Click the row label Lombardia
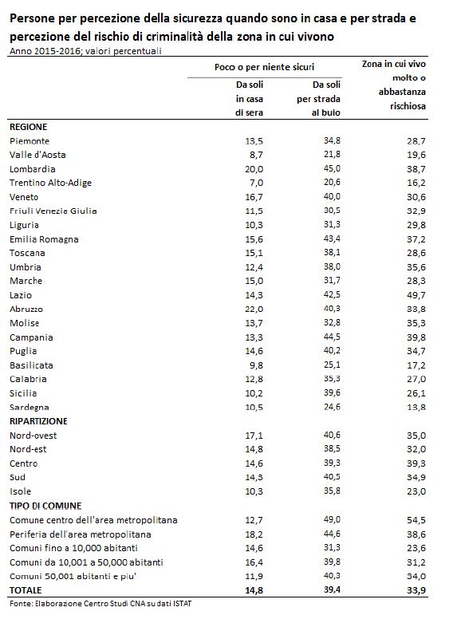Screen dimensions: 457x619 [33, 169]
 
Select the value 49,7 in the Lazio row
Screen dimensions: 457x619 [416, 295]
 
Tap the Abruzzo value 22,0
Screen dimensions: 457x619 [254, 309]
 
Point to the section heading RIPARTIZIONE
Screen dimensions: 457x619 [38, 421]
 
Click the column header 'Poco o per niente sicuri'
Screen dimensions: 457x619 [265, 67]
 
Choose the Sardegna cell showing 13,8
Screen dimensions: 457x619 [416, 407]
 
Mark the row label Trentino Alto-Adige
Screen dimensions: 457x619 [50, 183]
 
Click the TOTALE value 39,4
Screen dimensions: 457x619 [332, 589]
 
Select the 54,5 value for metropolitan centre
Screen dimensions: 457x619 [416, 520]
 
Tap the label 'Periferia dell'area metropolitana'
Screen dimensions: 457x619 [81, 534]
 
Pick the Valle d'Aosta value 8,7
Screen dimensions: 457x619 [256, 155]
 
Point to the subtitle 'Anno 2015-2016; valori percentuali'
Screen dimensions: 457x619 [85, 51]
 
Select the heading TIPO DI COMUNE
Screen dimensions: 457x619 [45, 506]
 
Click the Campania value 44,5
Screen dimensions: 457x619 [332, 337]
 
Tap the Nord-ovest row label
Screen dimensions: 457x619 [33, 436]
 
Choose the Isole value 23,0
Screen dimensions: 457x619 [416, 491]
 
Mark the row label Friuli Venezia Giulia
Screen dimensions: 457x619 [53, 211]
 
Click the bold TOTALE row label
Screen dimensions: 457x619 [26, 590]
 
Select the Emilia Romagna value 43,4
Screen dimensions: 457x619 [332, 239]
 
